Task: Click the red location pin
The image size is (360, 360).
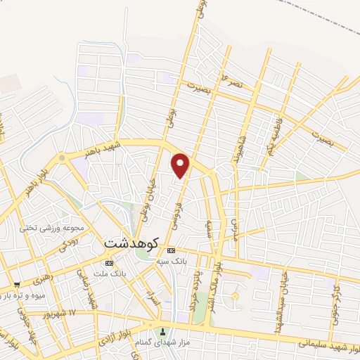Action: pos(181,165)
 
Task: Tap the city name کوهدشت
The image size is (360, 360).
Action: pos(131,241)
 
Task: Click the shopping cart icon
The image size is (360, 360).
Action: pos(16,285)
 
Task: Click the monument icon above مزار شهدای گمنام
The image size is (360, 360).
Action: pos(164,332)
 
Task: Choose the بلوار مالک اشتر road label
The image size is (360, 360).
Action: pos(219,277)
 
